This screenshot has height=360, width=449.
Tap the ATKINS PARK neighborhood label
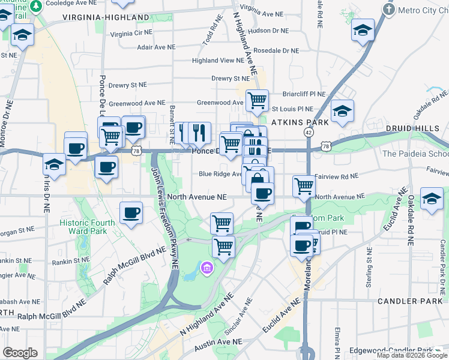coord(300,122)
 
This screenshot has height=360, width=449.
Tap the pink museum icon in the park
coord(207,266)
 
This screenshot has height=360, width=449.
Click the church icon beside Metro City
coord(389,10)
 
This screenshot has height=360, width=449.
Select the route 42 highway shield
coord(309,132)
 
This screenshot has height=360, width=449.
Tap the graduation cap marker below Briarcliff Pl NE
coord(342,111)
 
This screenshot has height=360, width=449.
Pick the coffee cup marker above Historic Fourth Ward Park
coord(131,212)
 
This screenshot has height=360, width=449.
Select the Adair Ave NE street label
coord(156,46)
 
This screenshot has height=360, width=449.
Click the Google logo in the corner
coord(20,353)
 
